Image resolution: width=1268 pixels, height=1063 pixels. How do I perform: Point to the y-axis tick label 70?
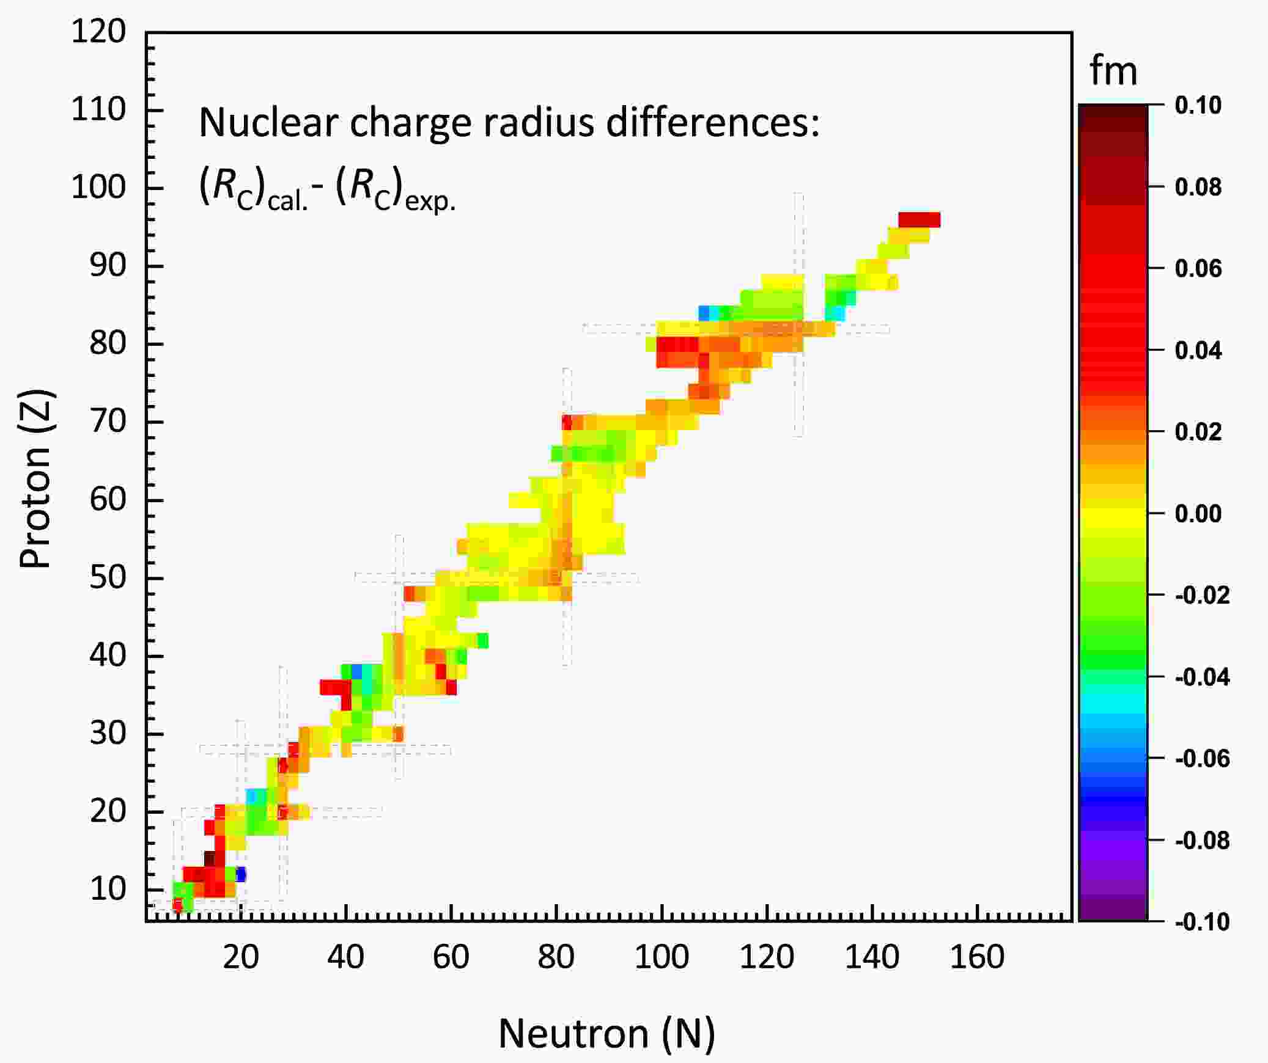click(108, 421)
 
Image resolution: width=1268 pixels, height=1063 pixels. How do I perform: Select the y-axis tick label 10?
click(108, 889)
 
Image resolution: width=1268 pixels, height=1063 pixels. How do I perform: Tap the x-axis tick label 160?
click(977, 957)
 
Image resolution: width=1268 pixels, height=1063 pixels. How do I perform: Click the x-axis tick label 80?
click(556, 957)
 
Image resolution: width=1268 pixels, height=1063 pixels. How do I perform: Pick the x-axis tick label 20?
click(240, 957)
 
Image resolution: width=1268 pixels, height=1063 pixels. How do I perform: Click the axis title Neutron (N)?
click(606, 1034)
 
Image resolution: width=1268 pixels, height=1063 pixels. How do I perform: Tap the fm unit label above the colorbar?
click(1113, 73)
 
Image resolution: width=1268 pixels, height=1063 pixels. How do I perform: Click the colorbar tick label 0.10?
click(1198, 105)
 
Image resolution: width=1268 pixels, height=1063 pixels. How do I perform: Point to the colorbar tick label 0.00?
click(1198, 513)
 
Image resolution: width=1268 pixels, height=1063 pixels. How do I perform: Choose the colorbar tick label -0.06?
click(1201, 758)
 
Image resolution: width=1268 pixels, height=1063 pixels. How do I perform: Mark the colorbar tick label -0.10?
click(1201, 922)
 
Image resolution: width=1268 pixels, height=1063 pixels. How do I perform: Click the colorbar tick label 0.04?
click(1198, 351)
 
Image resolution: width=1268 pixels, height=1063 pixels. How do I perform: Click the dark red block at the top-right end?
click(919, 219)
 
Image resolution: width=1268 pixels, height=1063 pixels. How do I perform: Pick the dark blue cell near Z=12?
click(241, 874)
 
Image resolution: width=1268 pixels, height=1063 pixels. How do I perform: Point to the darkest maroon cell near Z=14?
click(209, 858)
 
